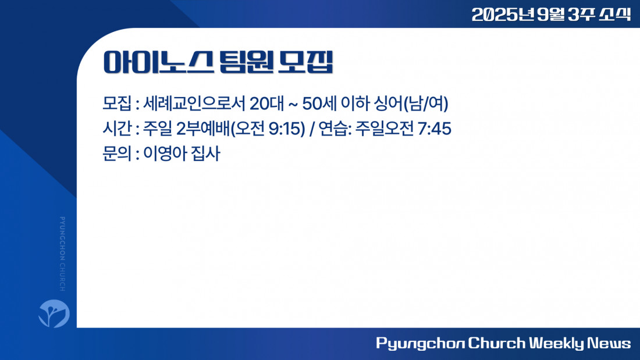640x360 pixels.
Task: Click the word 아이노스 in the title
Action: [x=158, y=62]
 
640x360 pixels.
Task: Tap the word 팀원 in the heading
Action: [x=246, y=62]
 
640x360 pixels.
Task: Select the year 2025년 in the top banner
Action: [x=503, y=15]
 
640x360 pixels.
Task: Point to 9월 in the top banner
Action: [x=551, y=15]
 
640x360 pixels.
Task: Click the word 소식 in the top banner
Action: [x=615, y=15]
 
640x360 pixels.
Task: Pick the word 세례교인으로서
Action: [x=194, y=104]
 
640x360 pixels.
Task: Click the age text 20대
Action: [x=266, y=104]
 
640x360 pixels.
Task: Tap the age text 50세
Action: [x=319, y=104]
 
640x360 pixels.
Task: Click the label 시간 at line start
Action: [x=117, y=129]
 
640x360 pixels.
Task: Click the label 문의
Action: [x=117, y=154]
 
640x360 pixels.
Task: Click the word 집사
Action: [x=206, y=154]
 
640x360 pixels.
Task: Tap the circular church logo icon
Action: [x=54, y=313]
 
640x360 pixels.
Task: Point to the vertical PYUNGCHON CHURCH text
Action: [x=62, y=254]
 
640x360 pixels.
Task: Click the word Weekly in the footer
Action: [x=556, y=343]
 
